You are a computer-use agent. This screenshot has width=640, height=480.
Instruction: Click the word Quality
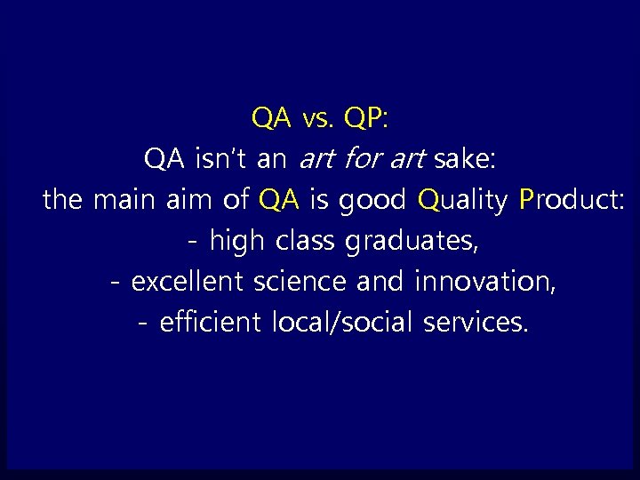pos(462,201)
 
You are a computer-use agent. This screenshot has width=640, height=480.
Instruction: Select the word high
pos(238,241)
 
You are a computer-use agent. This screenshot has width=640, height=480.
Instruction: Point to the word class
pos(306,240)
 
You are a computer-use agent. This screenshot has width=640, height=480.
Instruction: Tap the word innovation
pos(485,281)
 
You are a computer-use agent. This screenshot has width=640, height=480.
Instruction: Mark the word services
pos(476,322)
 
